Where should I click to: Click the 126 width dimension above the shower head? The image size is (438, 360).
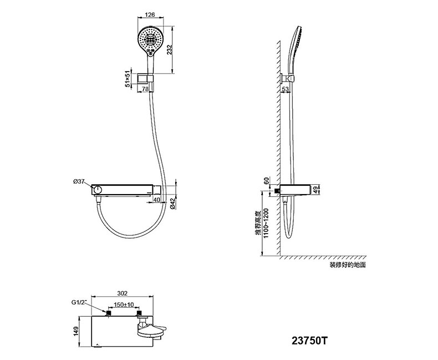(150, 15)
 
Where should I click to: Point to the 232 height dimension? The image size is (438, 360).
(169, 50)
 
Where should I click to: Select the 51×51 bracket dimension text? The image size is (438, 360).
(128, 79)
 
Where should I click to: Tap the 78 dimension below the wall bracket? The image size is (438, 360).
(145, 89)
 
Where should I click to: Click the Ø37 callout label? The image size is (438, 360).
(79, 181)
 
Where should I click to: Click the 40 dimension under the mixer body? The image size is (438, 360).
(157, 200)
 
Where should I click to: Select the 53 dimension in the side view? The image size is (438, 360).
(285, 89)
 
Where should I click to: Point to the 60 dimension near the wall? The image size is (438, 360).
(266, 181)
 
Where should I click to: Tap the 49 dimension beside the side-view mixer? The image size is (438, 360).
(315, 190)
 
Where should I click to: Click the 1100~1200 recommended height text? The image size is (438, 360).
(266, 223)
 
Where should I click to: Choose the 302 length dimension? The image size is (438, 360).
(122, 293)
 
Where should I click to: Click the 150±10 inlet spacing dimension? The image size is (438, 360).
(124, 305)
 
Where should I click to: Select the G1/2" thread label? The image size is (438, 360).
(79, 302)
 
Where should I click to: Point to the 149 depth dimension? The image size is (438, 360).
(75, 332)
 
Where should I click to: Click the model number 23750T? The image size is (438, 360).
(309, 341)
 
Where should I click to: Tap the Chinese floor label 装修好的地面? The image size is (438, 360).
(348, 265)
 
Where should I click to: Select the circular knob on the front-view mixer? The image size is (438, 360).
(98, 190)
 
